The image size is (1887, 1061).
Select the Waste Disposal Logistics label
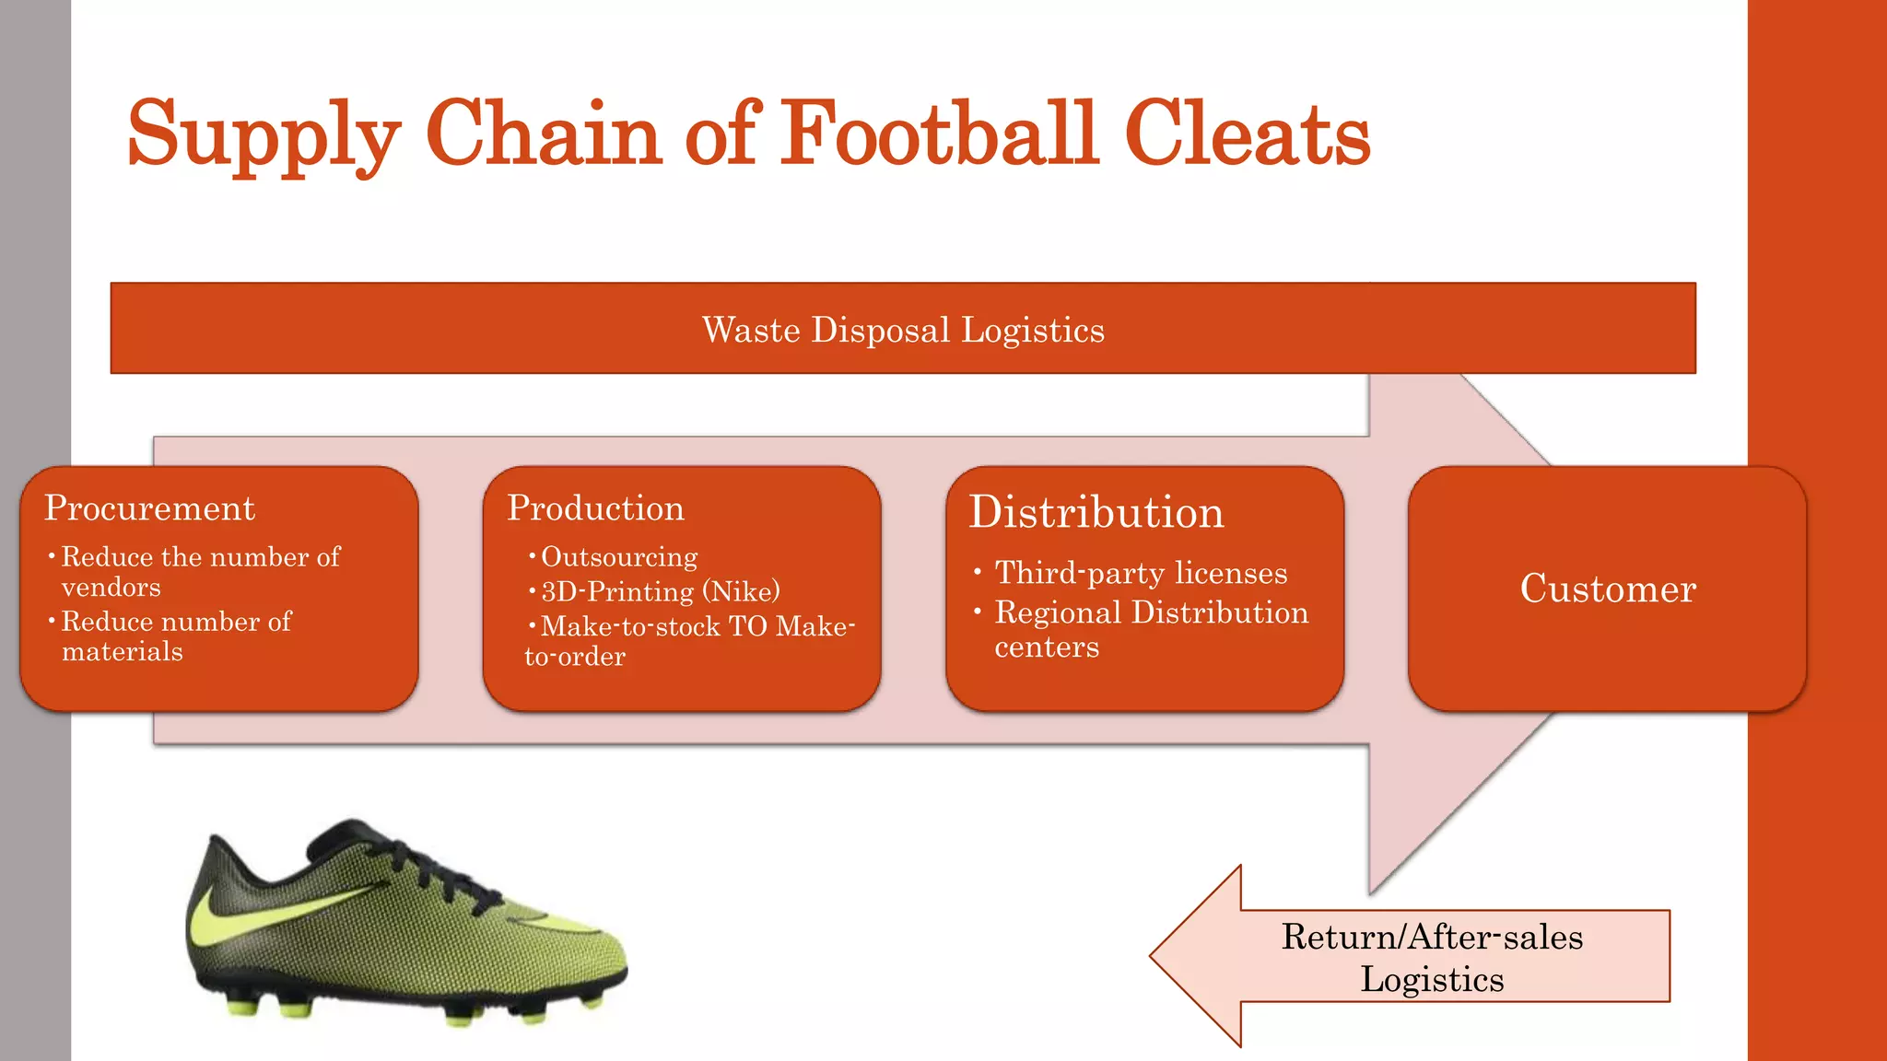click(903, 330)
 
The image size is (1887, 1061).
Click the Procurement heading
click(149, 508)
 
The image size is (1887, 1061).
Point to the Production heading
click(595, 508)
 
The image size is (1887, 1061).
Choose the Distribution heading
click(1096, 512)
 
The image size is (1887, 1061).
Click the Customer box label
click(1608, 589)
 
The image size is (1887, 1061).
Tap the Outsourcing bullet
click(619, 557)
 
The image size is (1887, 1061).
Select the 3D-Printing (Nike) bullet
click(660, 591)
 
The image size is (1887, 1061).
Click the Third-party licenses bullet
click(1141, 573)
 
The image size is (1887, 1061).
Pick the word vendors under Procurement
click(111, 588)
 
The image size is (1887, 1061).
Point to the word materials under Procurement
click(123, 652)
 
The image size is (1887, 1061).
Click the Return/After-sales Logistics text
click(1432, 958)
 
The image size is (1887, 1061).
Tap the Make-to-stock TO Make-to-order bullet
click(691, 641)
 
